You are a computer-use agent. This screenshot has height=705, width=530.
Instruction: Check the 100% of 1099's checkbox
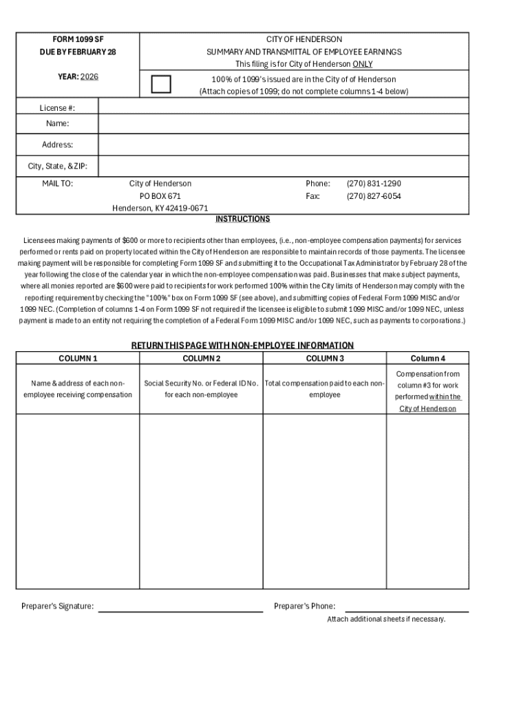(161, 85)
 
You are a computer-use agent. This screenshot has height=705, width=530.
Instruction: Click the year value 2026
(89, 76)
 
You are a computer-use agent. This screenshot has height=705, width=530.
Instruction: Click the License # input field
(284, 107)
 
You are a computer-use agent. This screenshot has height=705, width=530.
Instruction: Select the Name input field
(284, 123)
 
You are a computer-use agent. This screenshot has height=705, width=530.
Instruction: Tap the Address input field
(284, 145)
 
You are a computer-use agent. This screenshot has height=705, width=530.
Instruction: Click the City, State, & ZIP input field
(284, 166)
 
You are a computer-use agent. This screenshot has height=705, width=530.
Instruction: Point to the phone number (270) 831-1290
(374, 184)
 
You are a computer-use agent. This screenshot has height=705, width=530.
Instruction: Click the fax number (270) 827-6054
(374, 196)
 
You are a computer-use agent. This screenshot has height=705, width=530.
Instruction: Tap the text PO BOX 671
(160, 196)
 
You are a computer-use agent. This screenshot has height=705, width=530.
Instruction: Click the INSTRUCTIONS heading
(242, 219)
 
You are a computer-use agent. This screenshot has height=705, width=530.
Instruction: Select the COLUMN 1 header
(78, 358)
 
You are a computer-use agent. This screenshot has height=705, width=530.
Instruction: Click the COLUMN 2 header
(201, 358)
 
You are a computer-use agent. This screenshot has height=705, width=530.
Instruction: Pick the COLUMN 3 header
(324, 358)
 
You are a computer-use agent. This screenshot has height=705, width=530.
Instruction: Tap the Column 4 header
(427, 358)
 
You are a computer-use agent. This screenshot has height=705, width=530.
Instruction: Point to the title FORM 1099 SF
(78, 39)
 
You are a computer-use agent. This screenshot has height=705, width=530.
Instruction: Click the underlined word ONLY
(363, 64)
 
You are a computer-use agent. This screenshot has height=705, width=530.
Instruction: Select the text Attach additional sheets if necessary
(386, 619)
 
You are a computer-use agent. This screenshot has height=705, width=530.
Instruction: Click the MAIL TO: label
(57, 184)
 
